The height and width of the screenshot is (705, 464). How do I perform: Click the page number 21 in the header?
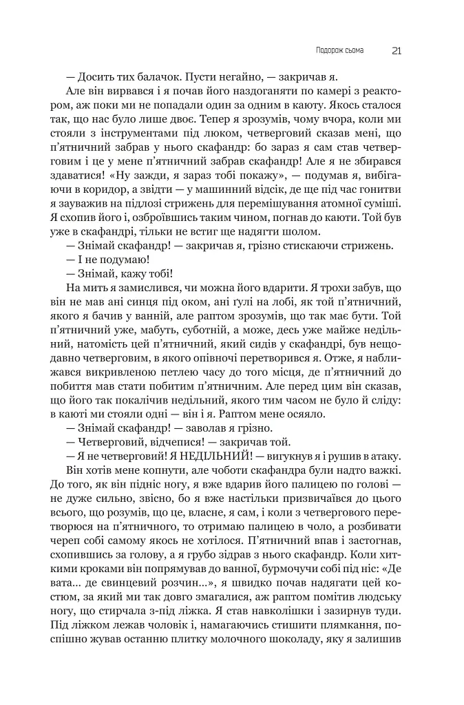pos(397,50)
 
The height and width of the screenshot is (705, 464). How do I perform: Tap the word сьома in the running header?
pos(355,50)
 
